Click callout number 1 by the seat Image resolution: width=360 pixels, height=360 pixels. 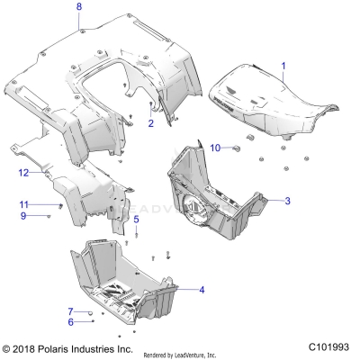pos(283,66)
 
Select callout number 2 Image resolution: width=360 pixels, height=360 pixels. pos(151,123)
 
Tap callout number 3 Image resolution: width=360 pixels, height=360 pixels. pos(287,202)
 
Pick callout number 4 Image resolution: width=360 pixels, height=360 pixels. pos(202,289)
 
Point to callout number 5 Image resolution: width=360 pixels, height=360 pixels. pos(136,219)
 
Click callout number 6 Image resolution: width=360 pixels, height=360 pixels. pos(70,321)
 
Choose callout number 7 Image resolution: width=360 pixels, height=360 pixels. pos(70,310)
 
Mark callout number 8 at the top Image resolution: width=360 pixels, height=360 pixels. pos(78,7)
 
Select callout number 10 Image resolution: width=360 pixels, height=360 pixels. pos(214,147)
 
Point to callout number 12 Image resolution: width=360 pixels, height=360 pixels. pos(24,172)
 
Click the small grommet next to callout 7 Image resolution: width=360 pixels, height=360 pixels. pos(90,310)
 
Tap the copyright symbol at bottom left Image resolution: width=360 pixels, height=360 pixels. pos(7,347)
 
